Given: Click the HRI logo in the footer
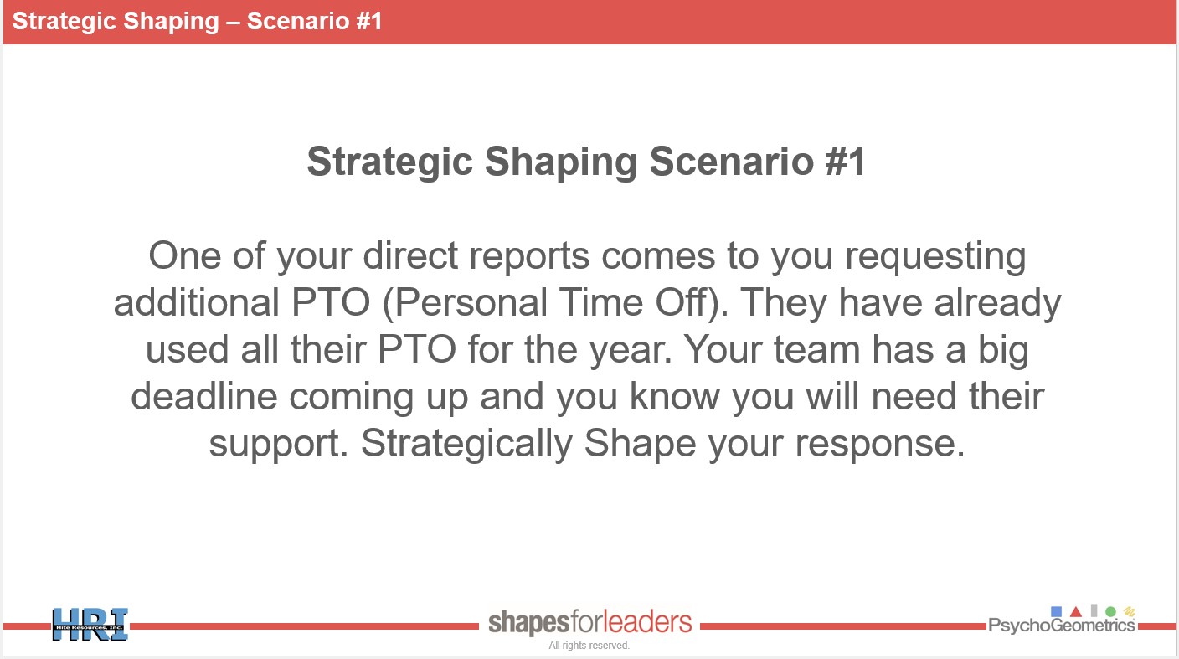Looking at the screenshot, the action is point(90,625).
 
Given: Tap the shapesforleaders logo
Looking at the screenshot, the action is point(589,622).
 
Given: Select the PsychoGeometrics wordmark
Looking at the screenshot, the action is point(1061,626).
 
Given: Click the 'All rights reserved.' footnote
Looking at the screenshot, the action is point(589,646).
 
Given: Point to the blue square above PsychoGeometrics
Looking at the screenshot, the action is point(1056,611).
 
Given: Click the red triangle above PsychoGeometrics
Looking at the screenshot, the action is point(1076,611).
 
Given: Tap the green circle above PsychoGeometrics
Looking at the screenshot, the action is point(1110,611).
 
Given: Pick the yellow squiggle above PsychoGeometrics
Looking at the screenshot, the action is point(1129,611).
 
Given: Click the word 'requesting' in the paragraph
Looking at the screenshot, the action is point(935,257).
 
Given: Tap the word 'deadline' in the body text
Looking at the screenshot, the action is point(204,396).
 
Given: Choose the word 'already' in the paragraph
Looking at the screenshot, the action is point(997,304).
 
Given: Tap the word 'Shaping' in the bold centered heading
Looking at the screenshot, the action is point(561,162).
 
